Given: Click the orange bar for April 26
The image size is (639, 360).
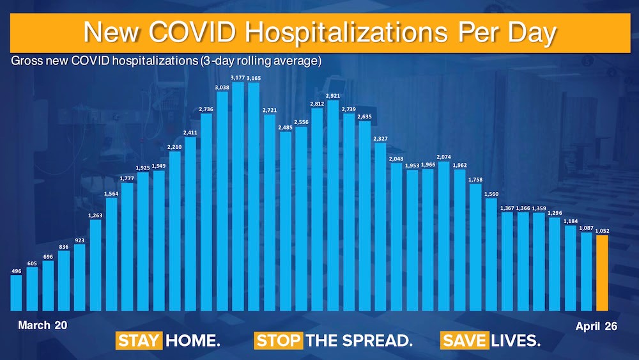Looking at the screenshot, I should (602, 272).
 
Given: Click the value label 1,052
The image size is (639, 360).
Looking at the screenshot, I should (602, 231).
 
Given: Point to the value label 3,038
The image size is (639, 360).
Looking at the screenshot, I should (222, 87).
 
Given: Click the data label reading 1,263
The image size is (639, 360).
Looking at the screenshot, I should (96, 215).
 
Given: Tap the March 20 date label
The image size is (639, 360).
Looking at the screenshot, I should (42, 325).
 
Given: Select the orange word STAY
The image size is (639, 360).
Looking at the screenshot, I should (139, 341).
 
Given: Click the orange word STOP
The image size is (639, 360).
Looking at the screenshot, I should (278, 341).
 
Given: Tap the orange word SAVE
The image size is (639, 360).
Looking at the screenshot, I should (465, 341).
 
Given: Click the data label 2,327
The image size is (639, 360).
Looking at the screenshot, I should (380, 138).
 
